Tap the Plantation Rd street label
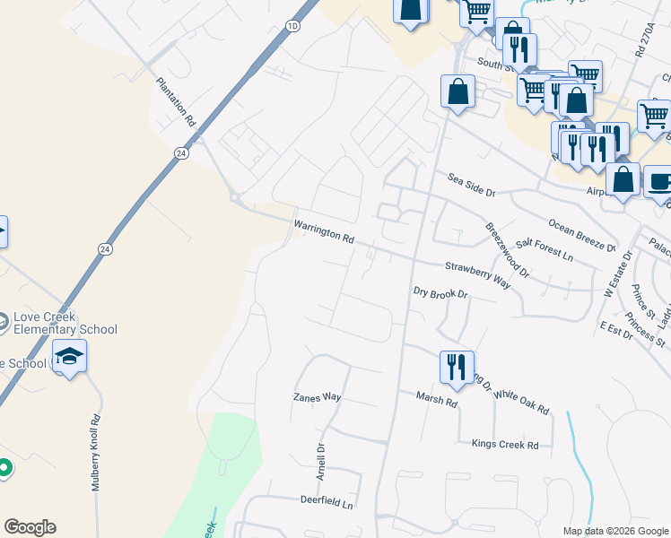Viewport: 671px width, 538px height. tap(176, 100)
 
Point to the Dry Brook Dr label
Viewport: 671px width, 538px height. tap(440, 293)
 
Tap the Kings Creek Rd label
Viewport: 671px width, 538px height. tap(505, 445)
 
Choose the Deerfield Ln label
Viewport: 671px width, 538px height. tap(327, 503)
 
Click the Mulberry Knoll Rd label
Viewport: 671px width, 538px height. tap(95, 452)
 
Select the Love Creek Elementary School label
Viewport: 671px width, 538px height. tap(65, 324)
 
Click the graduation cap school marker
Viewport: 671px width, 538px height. tap(69, 357)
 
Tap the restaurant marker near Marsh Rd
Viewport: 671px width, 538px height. tap(457, 367)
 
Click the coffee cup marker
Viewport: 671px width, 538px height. tap(659, 182)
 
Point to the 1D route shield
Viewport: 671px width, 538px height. tap(292, 26)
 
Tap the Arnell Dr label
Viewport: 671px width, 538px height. tap(320, 461)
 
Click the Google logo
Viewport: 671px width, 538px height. tap(30, 527)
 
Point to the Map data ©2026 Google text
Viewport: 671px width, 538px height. tap(614, 531)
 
